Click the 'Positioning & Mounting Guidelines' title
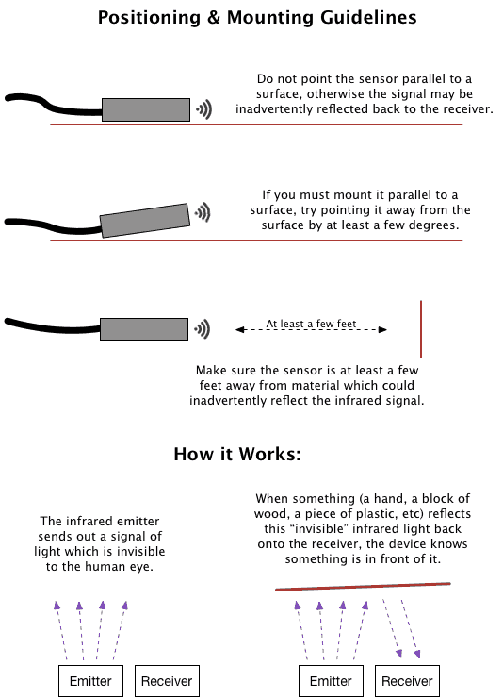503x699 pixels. [257, 18]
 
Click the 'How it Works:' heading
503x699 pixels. [237, 455]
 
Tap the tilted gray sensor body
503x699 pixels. [145, 220]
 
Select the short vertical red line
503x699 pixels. [421, 329]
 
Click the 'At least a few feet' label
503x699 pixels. [311, 324]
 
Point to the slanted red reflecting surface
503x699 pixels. [363, 586]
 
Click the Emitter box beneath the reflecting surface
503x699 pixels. [331, 681]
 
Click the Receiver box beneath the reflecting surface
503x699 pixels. [407, 681]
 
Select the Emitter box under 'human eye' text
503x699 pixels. [90, 681]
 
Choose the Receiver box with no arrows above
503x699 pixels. [167, 681]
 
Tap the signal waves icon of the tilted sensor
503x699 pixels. [203, 212]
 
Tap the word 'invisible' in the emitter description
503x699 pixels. [141, 552]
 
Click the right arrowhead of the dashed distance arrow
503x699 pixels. [382, 330]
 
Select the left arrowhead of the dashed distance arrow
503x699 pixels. [240, 330]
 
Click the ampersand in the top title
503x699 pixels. [214, 18]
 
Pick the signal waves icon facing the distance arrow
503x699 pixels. [203, 329]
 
